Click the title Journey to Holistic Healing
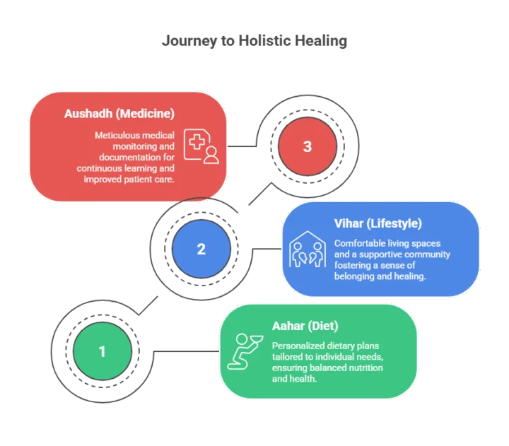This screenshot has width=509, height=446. [255, 41]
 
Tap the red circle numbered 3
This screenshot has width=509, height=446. [308, 146]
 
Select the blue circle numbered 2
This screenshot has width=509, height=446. [201, 249]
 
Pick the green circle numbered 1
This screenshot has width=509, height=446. [103, 351]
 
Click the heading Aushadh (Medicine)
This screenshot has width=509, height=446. [119, 114]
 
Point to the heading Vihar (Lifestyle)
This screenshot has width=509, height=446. [378, 223]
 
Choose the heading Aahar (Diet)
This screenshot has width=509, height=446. [305, 326]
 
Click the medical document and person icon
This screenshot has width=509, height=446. [201, 146]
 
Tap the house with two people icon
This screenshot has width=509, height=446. [308, 249]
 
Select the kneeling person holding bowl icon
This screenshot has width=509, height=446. [245, 351]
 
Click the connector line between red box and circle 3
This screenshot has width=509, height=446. [242, 146]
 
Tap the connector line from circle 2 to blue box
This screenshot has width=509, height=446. [267, 249]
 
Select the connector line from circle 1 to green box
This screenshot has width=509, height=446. [187, 351]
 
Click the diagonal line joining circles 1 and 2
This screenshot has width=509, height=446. [148, 305]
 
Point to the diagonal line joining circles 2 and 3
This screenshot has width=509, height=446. [260, 194]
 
